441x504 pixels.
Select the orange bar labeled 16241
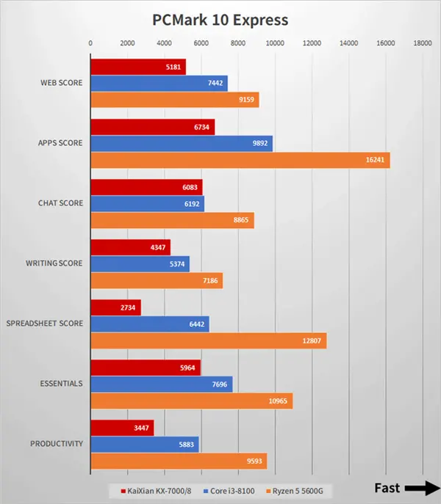[240, 160]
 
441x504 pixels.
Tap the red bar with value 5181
[137, 67]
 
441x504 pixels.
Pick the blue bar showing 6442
[149, 324]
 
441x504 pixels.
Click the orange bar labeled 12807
[208, 340]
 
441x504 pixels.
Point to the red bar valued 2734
[115, 307]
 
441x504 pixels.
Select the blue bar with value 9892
[181, 144]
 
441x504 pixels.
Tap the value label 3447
[142, 428]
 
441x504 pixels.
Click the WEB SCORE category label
[61, 83]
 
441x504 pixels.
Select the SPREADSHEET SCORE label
[45, 324]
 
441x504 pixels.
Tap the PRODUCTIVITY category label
[57, 444]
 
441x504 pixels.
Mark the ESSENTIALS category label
[60, 384]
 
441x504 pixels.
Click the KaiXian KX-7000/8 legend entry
[154, 489]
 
